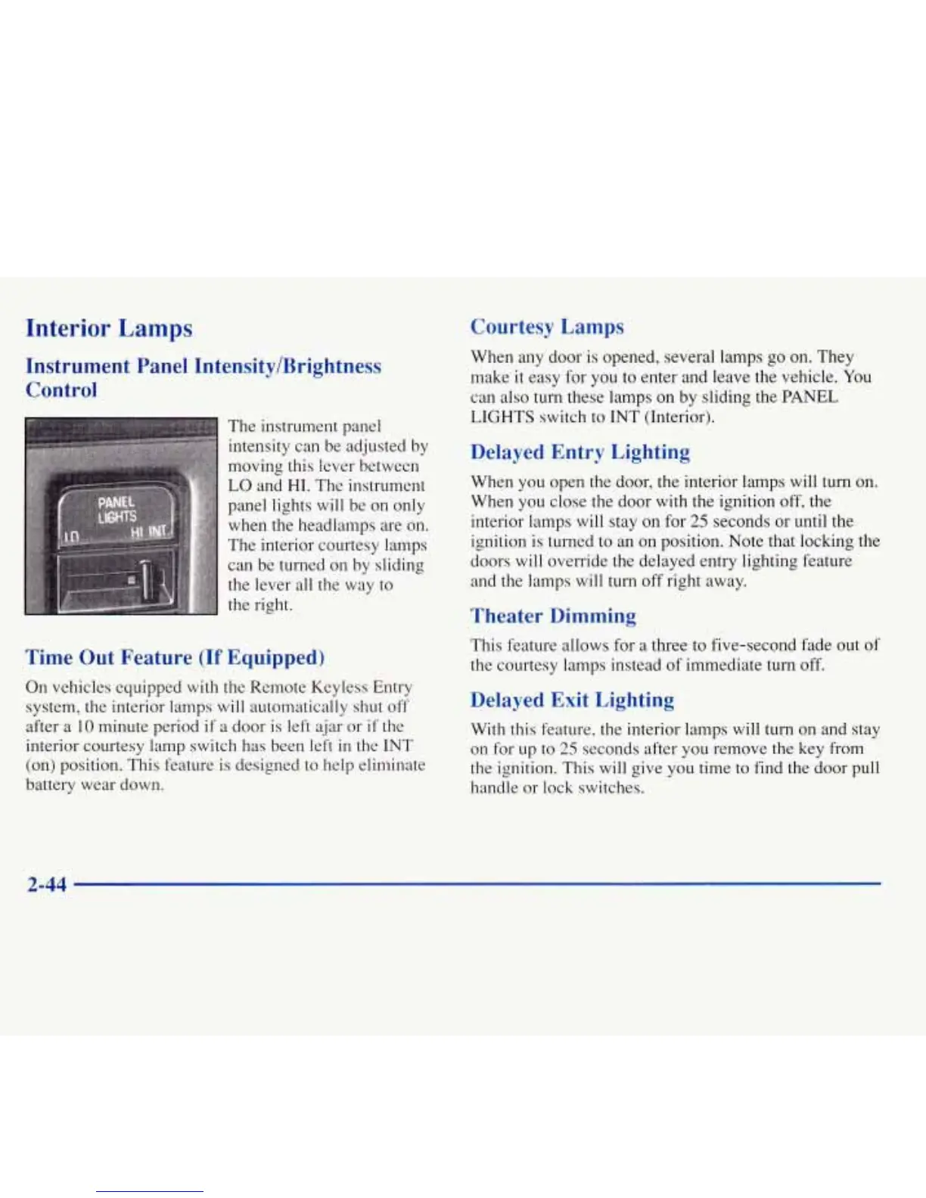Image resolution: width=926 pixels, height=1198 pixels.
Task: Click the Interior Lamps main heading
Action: point(109,328)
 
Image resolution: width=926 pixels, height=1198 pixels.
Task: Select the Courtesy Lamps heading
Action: point(547,327)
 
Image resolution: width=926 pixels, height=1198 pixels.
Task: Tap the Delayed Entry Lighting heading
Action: point(580,452)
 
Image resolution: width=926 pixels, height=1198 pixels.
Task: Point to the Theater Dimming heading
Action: point(553,616)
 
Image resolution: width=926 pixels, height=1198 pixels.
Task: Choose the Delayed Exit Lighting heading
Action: point(572,700)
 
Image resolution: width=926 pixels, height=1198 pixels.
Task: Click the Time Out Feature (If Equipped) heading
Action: point(176,657)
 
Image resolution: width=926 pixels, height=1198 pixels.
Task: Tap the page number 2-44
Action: point(46,883)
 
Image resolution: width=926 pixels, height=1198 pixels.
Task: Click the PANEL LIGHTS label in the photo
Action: point(117,509)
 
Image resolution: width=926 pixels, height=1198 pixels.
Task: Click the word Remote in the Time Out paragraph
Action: point(278,687)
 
